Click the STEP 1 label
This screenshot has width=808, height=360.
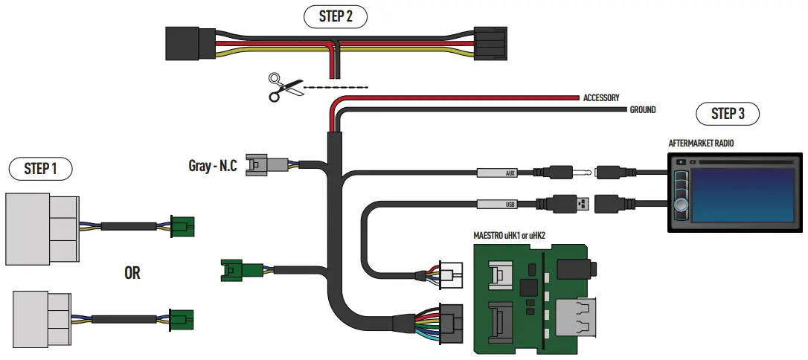coord(40,169)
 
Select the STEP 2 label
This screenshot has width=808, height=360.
coord(336,16)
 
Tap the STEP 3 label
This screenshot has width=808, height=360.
coord(728,114)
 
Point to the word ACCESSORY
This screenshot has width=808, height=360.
coord(601,97)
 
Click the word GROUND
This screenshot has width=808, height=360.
coord(643,110)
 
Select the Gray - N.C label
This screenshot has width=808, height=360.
coord(212,165)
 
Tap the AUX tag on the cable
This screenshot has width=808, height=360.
coord(496,174)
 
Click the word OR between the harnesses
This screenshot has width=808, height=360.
coord(132,273)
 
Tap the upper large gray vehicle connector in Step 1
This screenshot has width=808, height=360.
coord(42,228)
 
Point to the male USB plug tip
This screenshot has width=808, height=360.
coord(585,202)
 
